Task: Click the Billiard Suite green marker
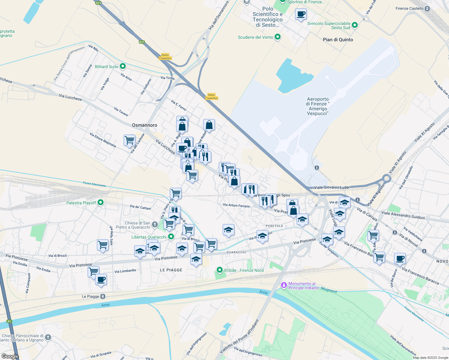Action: [122, 66]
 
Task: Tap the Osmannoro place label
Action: [144, 125]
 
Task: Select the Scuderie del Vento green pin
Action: [278, 37]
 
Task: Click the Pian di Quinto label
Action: [338, 40]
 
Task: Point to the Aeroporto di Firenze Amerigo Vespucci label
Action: [318, 106]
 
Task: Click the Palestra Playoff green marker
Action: [101, 203]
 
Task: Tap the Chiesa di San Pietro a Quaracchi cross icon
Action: [155, 224]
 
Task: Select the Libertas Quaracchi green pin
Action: [171, 237]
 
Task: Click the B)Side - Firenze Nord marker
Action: [220, 270]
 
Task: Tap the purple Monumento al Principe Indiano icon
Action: [284, 285]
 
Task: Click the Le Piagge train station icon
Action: [103, 296]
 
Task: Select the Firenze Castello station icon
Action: [427, 8]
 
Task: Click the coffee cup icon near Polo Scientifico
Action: [301, 14]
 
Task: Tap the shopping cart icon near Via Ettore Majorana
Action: [129, 140]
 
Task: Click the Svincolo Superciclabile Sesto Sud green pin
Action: [355, 25]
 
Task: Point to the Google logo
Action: [10, 356]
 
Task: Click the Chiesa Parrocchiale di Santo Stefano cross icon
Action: [48, 337]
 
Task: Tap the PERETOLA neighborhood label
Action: [274, 226]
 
